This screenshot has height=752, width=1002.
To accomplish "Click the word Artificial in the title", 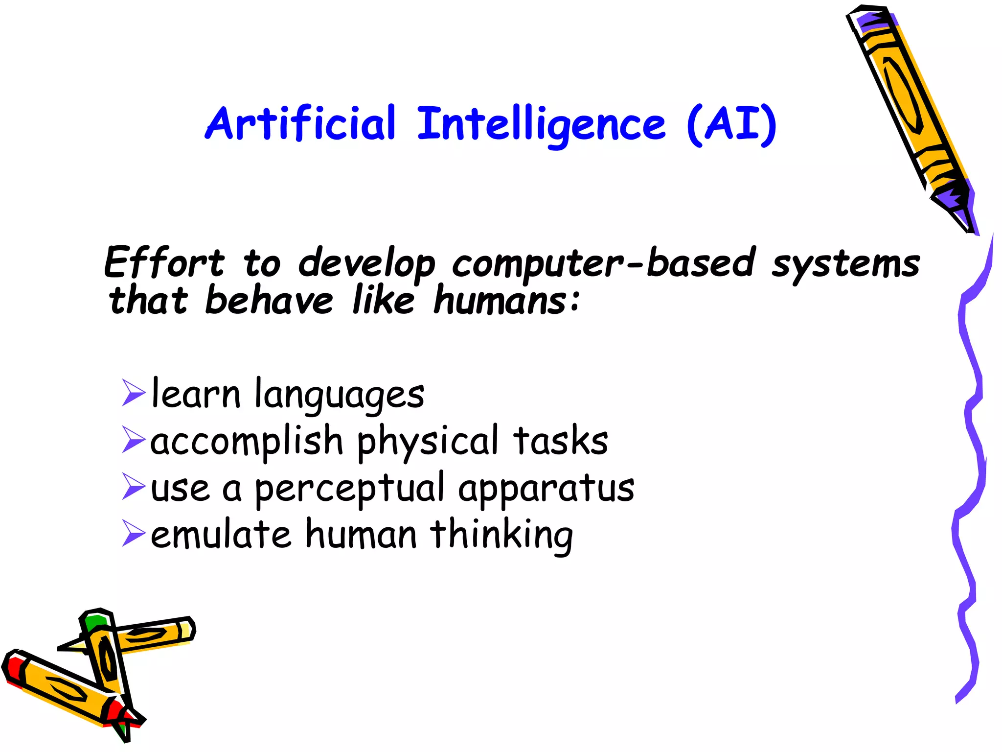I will point(300,123).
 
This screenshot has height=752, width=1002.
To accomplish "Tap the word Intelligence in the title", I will point(541,124).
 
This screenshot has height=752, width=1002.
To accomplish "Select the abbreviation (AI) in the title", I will point(731,124).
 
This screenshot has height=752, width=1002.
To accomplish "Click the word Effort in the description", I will point(164,263).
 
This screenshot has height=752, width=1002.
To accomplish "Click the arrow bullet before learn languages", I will point(134,393).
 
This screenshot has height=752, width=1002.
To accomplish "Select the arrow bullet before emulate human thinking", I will point(134,533).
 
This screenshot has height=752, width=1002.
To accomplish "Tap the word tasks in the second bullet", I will point(561,440).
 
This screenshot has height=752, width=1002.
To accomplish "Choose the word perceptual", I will point(349,489).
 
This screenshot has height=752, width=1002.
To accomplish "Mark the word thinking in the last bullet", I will point(502,535).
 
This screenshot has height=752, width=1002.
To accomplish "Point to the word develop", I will point(366,264).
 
